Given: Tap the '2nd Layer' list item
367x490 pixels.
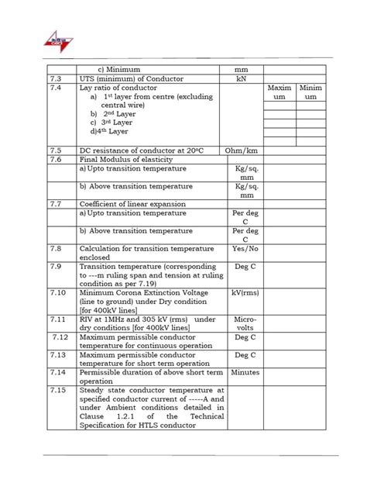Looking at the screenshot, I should click(x=113, y=113).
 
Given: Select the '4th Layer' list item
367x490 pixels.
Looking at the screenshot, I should click(x=110, y=132).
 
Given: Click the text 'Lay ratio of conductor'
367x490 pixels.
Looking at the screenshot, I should click(x=118, y=89).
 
